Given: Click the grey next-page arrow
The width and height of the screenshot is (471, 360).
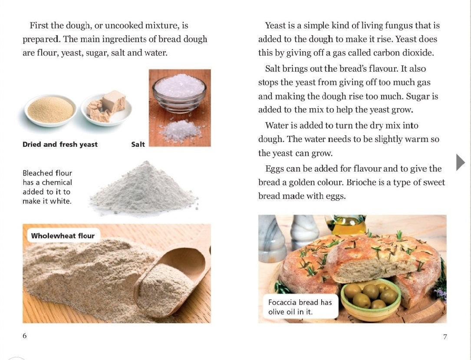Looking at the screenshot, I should click(x=461, y=162).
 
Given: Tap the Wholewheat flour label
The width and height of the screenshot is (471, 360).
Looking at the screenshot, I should click(x=63, y=236).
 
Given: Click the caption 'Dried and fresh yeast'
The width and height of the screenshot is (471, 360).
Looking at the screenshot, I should click(x=60, y=145).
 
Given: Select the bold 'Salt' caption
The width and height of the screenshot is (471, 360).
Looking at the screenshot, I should click(x=138, y=145).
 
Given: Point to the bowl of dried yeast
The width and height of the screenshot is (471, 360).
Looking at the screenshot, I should click(x=50, y=110).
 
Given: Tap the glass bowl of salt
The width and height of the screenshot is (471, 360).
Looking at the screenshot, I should click(x=179, y=92).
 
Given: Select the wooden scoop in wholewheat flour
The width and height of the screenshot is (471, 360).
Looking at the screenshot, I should click(x=174, y=278).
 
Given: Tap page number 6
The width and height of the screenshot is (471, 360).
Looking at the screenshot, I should click(x=25, y=336).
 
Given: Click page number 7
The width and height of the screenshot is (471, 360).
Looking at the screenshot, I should click(x=445, y=337).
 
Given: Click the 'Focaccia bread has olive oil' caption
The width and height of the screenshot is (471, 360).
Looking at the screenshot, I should click(x=300, y=307).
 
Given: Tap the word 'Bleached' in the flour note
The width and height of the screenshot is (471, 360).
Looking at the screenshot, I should click(x=38, y=173).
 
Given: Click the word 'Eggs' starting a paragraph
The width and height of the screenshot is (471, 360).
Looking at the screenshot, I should click(x=274, y=169).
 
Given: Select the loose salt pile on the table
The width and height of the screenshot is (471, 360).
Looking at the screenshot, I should click(x=180, y=130).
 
